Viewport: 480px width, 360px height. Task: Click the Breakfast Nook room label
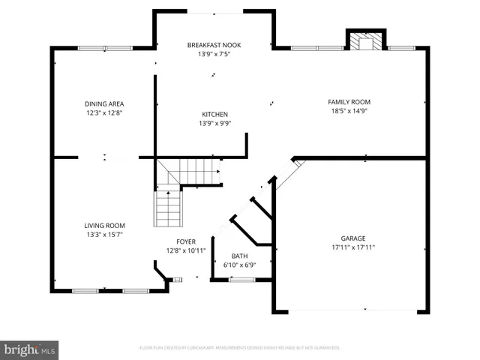214,45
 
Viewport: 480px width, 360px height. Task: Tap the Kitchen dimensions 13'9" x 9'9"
214,124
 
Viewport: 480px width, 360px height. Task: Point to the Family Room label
349,102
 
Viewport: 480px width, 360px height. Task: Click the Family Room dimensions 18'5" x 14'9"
349,111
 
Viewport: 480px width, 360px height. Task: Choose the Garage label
353,238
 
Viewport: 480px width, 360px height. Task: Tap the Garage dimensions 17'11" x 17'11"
353,247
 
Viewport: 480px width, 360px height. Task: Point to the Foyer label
186,241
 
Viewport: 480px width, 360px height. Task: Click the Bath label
239,256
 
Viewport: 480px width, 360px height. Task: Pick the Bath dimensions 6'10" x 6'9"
239,265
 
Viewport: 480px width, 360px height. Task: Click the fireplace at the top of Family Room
365,42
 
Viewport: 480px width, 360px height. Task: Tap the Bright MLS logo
30,349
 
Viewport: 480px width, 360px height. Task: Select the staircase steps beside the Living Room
167,208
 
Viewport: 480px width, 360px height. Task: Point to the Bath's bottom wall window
240,280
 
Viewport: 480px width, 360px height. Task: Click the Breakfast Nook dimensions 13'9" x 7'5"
214,55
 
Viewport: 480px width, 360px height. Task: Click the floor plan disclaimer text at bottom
240,348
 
